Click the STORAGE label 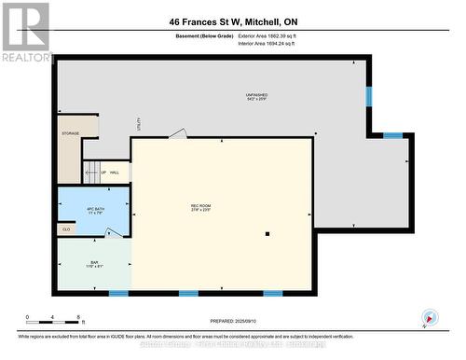71,133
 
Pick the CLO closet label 66,228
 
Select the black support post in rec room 267,234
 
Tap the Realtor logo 25,32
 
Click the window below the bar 118,294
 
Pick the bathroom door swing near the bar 113,233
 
